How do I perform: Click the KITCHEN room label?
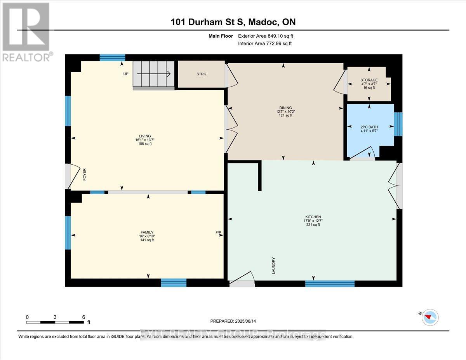tap(313, 217)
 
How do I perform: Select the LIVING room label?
tap(146, 136)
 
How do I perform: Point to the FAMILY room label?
tap(147, 232)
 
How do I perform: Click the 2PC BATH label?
tap(369, 127)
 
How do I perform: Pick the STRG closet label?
tap(201, 74)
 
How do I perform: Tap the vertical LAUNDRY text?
tap(274, 266)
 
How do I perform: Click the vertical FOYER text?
tap(84, 175)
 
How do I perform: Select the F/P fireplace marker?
tap(218, 233)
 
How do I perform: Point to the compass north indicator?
tap(430, 317)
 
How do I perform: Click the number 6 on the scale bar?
tap(83, 317)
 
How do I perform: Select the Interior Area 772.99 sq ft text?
tap(264, 43)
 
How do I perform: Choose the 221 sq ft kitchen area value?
tap(313, 224)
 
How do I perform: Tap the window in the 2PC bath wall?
tap(398, 124)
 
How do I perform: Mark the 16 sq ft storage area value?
tap(369, 88)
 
